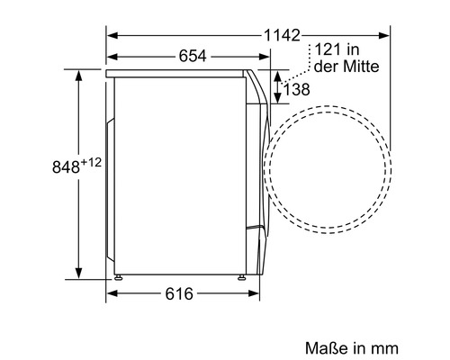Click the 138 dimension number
(299, 88)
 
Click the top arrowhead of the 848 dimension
(80, 72)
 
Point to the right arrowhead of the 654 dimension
(265, 56)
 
